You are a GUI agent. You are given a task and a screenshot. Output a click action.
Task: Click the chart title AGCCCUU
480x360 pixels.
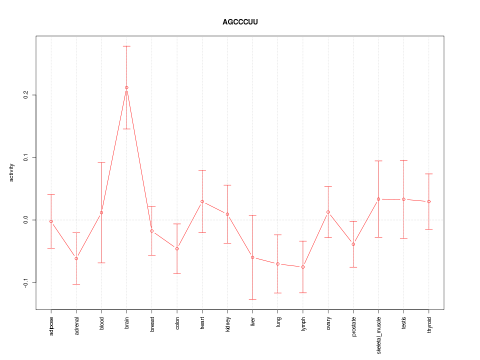coord(240,22)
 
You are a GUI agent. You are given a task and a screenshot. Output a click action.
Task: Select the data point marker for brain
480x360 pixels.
coord(126,87)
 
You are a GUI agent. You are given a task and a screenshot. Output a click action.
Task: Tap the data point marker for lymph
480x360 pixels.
coord(303,267)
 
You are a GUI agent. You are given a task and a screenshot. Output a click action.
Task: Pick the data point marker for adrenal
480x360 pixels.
coord(76,258)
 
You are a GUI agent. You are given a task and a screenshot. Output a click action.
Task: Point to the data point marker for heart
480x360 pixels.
coord(202,201)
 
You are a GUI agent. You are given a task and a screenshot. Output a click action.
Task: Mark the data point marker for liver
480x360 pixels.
coord(252,257)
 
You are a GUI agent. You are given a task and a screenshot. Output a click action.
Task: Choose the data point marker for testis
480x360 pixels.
coord(403,199)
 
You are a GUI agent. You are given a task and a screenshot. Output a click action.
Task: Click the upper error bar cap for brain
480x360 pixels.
coord(126,46)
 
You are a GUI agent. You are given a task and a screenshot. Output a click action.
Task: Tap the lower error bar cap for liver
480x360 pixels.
coord(252,299)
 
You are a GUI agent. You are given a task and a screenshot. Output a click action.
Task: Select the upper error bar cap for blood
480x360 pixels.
coord(101,162)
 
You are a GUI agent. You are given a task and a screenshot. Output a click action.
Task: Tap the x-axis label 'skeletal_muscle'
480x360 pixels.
coord(378,335)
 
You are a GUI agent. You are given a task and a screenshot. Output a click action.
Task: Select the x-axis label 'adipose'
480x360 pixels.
coord(51,325)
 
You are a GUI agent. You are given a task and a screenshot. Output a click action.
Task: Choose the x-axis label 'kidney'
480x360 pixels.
coord(227,324)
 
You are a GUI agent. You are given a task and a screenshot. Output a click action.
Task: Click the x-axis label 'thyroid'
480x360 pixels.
coord(429,324)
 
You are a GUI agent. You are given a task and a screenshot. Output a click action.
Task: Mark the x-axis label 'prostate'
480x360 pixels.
coord(353,326)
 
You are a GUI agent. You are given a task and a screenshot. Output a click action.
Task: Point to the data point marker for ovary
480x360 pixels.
coord(328,212)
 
